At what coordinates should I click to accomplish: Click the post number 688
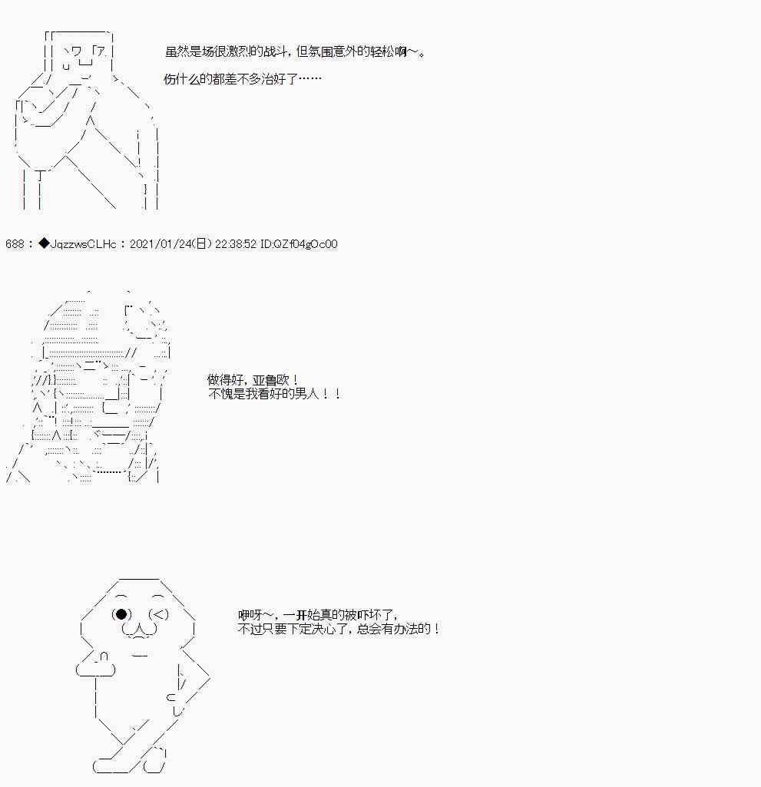(15, 244)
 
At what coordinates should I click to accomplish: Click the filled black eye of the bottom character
(121, 614)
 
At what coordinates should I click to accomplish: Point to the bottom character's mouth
(140, 630)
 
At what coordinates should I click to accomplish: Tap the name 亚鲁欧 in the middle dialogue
(270, 380)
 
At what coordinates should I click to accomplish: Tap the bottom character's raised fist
(97, 665)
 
